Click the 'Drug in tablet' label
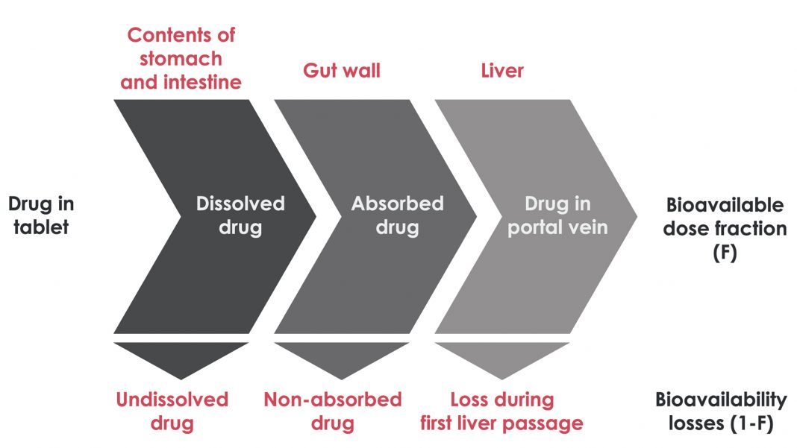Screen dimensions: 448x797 coord(41,215)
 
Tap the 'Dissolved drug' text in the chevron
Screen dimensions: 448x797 coord(240,215)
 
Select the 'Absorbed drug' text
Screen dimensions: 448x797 coord(397,215)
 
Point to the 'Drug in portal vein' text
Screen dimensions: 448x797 coord(557,215)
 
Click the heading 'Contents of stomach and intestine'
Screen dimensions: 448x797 coord(181,58)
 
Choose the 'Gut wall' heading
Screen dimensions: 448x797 coord(341,71)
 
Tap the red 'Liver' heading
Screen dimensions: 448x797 coord(501,71)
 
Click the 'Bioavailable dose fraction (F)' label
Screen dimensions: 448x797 coord(725,227)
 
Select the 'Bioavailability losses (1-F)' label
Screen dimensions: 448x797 coord(721,411)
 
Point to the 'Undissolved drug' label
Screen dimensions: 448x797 coord(172,411)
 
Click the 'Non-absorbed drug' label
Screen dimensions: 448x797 coord(332,411)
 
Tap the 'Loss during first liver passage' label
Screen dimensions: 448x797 coord(501,411)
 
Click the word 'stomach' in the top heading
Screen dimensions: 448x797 coord(181,58)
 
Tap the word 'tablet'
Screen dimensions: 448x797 coord(42,227)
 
